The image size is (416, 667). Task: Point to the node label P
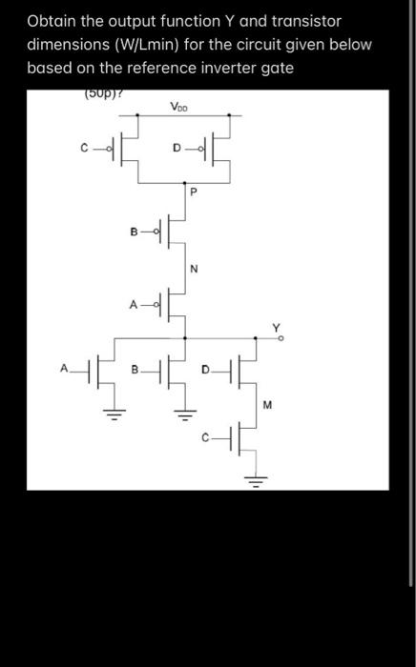pos(192,191)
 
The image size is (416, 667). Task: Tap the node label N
pos(194,268)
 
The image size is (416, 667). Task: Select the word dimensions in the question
pos(66,45)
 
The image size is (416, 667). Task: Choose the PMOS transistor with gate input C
pos(119,147)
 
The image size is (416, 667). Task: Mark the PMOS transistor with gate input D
pos(212,147)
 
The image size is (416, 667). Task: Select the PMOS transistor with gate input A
pos(164,306)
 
